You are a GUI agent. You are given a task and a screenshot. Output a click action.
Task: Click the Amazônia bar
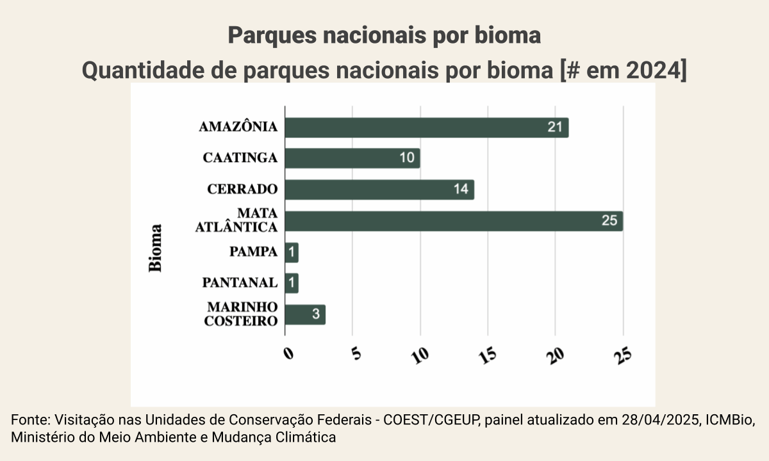point(426,127)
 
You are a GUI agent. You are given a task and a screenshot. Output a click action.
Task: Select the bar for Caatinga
point(352,158)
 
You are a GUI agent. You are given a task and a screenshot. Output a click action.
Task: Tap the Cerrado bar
point(379,190)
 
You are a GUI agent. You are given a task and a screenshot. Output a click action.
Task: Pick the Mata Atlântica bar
point(454,221)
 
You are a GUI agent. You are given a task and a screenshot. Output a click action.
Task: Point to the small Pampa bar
point(292,252)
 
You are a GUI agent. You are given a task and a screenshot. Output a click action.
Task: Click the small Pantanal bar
point(292,283)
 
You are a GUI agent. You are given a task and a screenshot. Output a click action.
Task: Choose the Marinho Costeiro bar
point(305,314)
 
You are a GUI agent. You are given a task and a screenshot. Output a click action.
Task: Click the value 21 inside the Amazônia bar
point(555,127)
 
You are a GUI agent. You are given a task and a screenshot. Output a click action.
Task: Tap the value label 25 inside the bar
point(609,221)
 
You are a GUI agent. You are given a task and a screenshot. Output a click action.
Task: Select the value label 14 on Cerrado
point(461,190)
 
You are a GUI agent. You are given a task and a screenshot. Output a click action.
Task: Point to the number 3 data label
point(316,314)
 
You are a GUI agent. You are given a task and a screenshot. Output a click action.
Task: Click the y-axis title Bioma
point(156,248)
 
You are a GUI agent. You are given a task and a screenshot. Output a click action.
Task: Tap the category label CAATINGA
point(240,158)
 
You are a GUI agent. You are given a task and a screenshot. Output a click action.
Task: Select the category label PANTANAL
point(240,283)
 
